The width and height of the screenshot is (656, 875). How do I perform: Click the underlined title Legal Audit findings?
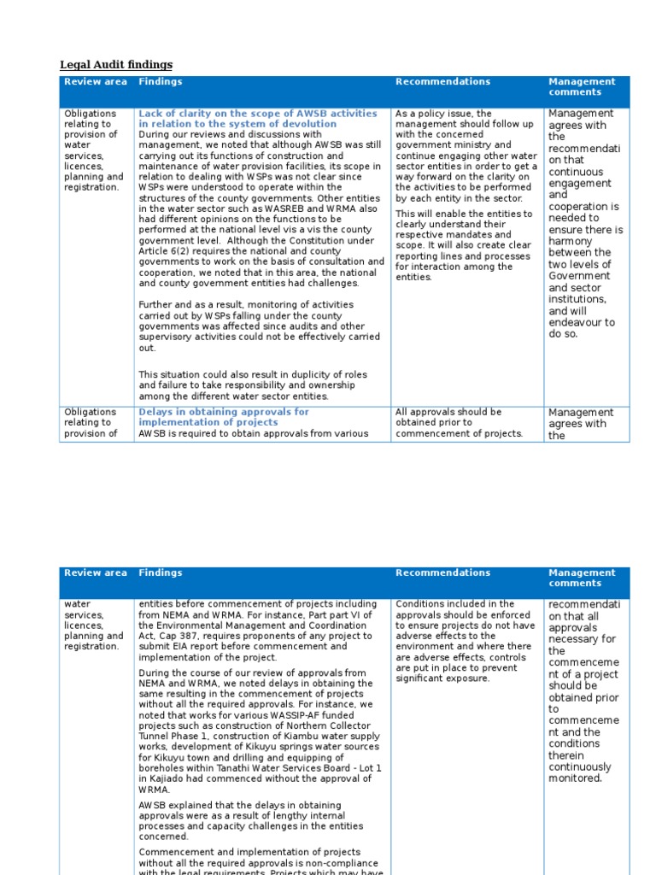point(115,65)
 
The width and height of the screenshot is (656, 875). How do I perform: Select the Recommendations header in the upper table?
point(442,82)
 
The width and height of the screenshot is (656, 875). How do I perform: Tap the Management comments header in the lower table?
point(581,578)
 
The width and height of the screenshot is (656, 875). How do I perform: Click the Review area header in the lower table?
point(95,573)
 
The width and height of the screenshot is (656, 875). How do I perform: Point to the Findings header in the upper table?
point(160,82)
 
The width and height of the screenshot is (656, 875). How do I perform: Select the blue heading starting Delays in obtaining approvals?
point(223,417)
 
